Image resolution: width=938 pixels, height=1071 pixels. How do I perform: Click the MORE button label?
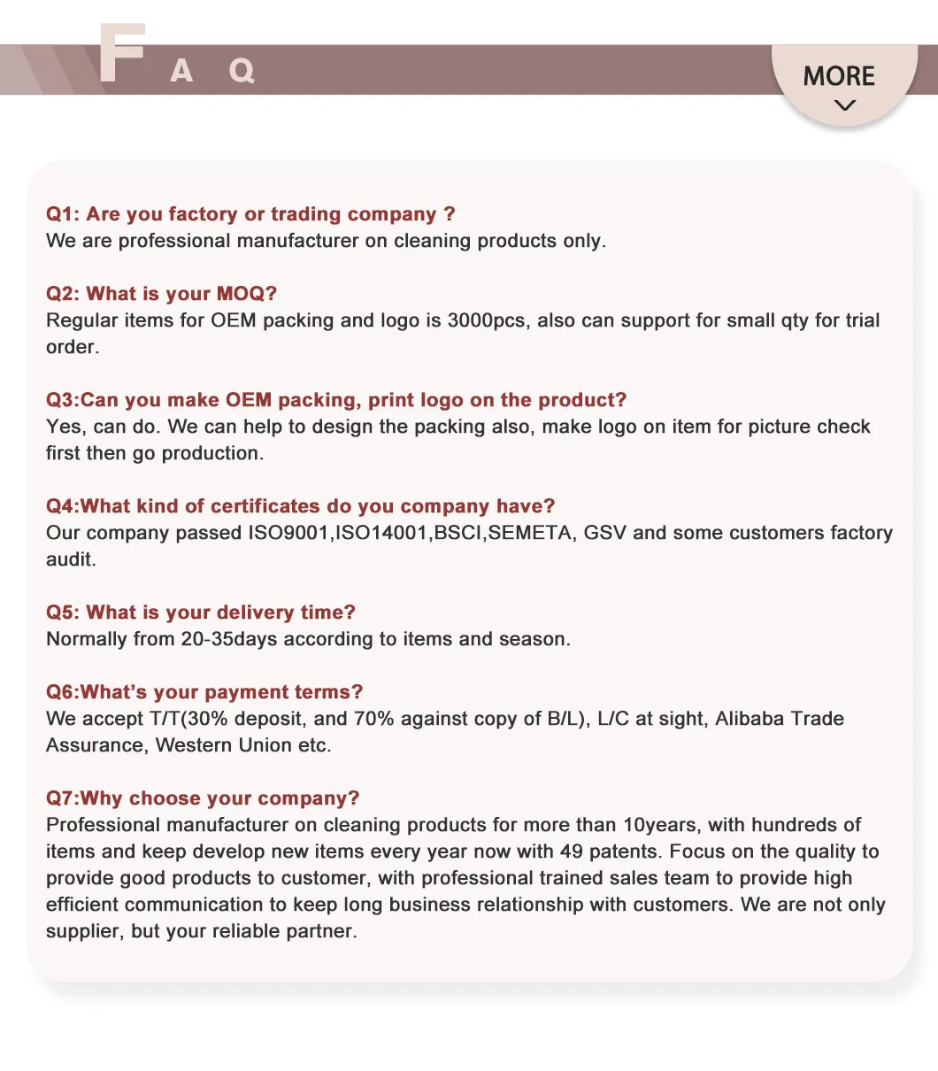(839, 76)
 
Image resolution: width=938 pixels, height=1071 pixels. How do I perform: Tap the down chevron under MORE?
(845, 105)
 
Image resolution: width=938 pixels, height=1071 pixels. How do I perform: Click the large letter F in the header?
(121, 54)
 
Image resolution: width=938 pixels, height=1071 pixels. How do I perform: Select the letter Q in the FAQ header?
(242, 70)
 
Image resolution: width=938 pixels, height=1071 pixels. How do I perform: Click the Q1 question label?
(62, 214)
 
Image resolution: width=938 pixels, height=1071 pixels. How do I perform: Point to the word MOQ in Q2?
(247, 294)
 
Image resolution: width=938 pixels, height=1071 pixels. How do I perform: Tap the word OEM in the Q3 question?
(249, 400)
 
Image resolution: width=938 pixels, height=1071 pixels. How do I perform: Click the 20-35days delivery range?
(229, 639)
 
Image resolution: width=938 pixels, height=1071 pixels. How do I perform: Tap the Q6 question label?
(62, 692)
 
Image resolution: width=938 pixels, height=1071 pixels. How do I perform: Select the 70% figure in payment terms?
(374, 719)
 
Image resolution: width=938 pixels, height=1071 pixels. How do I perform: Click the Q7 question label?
(62, 798)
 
